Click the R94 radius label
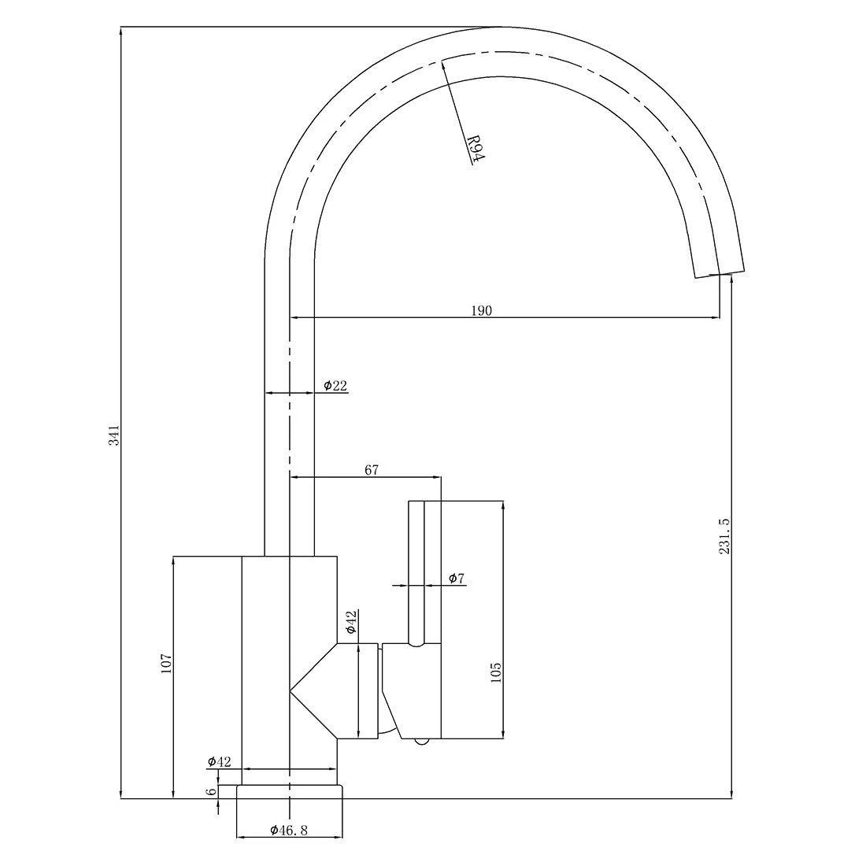coord(476,149)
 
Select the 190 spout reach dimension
coord(481,310)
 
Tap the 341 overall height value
coord(113,435)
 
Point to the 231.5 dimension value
coord(724,535)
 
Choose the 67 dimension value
coord(372,469)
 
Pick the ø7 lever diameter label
coord(457,579)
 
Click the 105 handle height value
coord(495,672)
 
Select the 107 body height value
coord(166,664)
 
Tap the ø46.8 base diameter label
coord(289,830)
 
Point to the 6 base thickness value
coord(211,791)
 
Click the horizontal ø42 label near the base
coord(220,761)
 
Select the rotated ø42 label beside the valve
coord(351,622)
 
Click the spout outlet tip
coord(719,275)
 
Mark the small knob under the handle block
coord(422,742)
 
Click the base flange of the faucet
coord(290,791)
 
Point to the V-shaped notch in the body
coord(313,691)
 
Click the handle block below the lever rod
coord(412,691)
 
